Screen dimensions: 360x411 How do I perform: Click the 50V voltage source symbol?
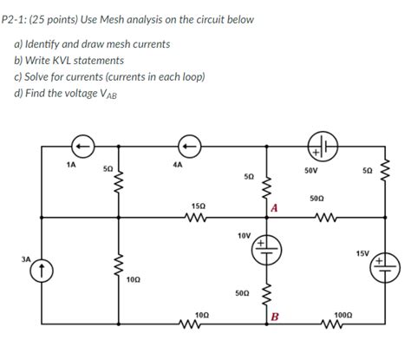pyautogui.click(x=320, y=146)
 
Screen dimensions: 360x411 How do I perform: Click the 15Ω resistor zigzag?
pyautogui.click(x=199, y=218)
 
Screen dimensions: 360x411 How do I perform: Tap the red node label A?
pyautogui.click(x=273, y=207)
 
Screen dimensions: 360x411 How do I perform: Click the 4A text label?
pyautogui.click(x=178, y=163)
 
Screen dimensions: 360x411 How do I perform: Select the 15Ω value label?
pyautogui.click(x=198, y=205)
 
